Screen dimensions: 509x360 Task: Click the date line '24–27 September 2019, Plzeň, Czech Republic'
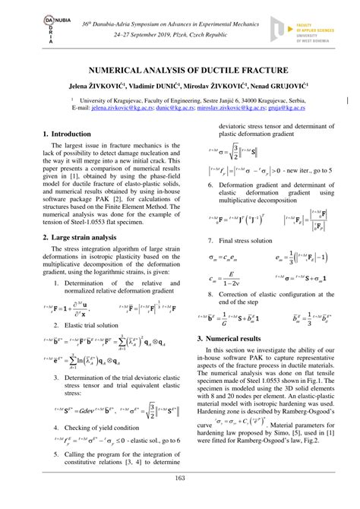pos(179,34)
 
